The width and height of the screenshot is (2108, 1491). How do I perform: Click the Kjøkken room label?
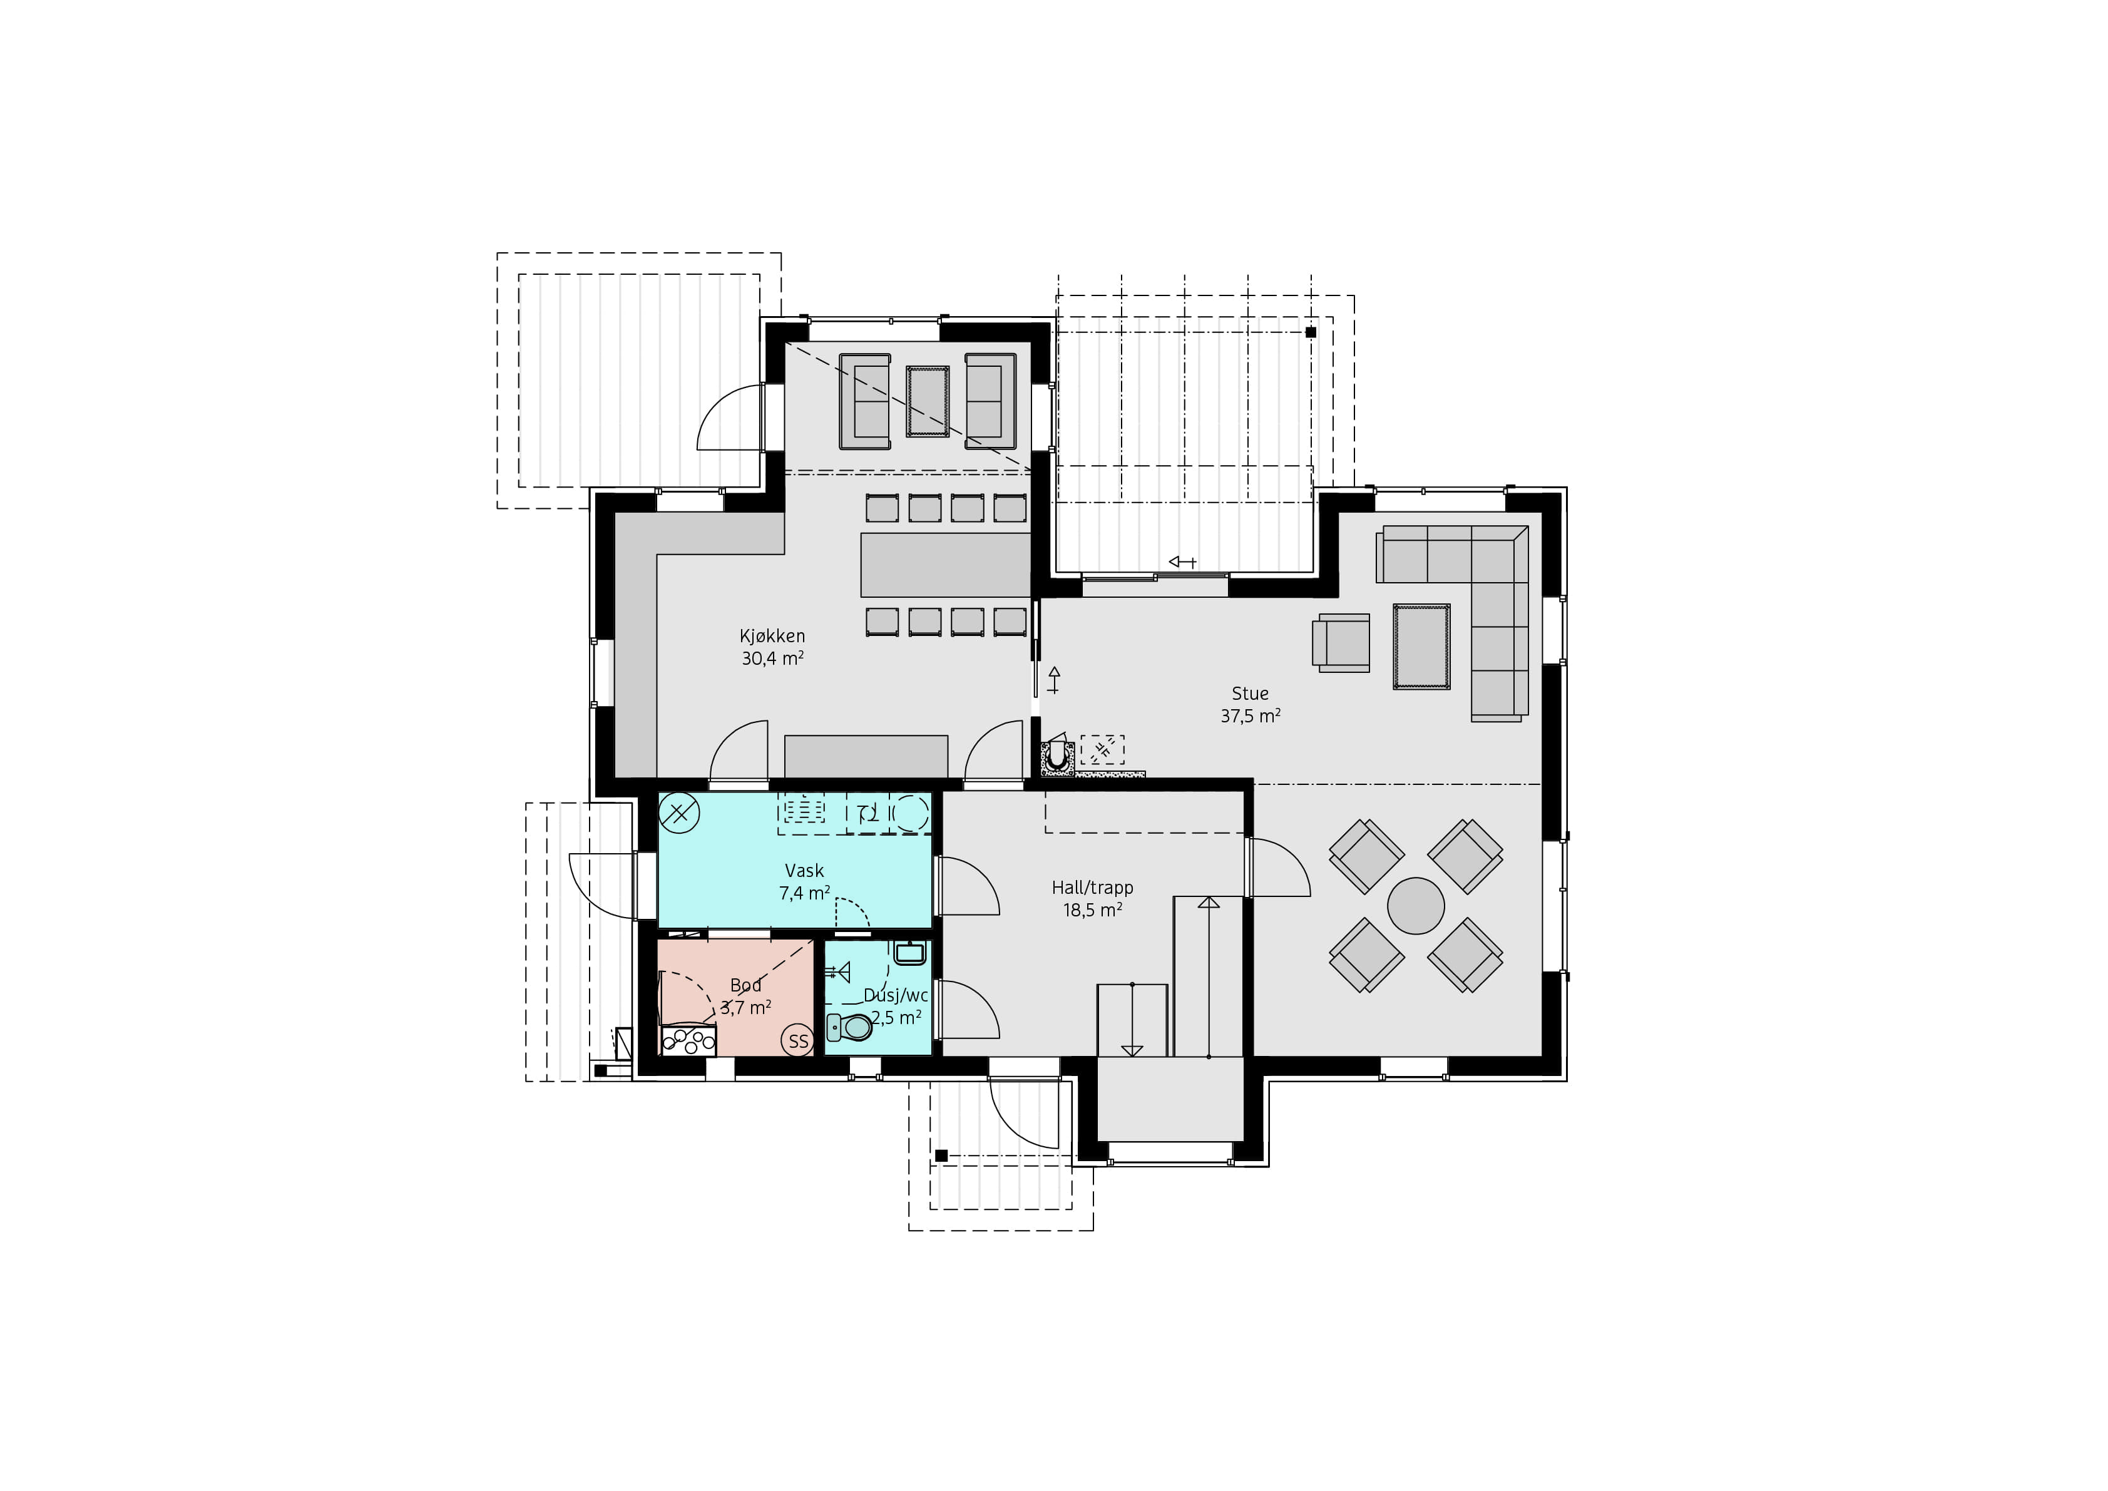[772, 635]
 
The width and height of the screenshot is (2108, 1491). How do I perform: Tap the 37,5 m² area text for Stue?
[1251, 716]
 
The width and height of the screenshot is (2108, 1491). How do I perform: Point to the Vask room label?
[804, 870]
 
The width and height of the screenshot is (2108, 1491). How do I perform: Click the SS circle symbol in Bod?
[798, 1041]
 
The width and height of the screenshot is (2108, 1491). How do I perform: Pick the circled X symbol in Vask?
[680, 812]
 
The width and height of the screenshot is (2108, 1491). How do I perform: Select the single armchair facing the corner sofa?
[1341, 642]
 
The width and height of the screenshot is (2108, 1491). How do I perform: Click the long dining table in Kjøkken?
[946, 565]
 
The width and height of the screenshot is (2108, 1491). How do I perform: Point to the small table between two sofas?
[928, 401]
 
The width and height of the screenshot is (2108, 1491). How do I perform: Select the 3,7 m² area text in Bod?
[745, 1008]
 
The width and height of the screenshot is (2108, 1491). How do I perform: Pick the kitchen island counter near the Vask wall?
[866, 756]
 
